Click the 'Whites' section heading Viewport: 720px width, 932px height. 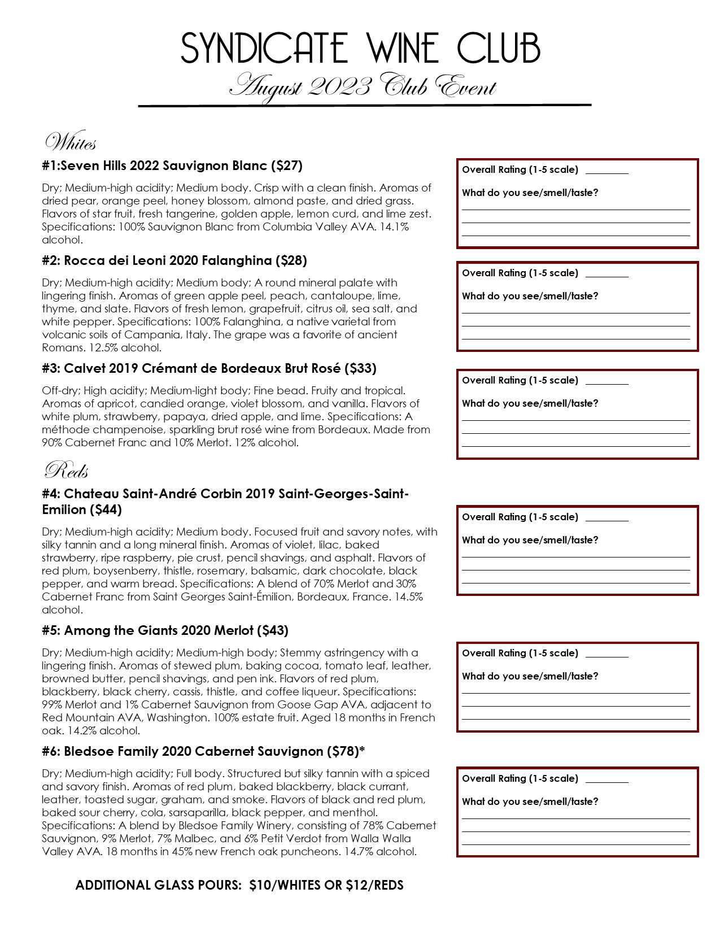71,142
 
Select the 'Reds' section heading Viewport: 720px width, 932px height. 66,470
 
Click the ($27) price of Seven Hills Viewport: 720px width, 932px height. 287,166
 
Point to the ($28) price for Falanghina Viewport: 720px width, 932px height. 291,260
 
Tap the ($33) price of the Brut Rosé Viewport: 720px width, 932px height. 360,368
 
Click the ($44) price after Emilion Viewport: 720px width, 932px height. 106,509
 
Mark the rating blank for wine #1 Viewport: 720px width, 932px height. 606,172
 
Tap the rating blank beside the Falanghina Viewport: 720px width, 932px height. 606,275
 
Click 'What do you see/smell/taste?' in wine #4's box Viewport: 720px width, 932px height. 530,540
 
